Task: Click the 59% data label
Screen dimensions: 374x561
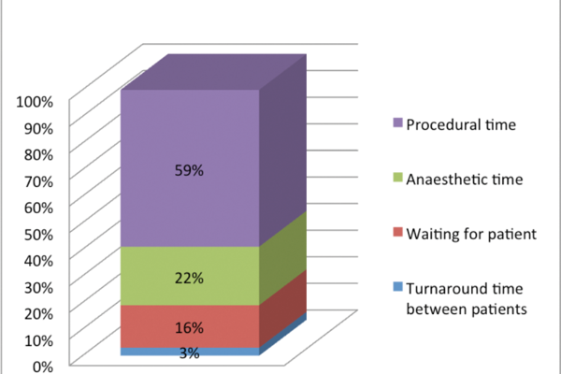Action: click(189, 170)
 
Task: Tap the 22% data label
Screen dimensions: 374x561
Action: click(189, 278)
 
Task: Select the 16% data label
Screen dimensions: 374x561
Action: click(189, 327)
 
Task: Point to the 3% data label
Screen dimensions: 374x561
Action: click(189, 352)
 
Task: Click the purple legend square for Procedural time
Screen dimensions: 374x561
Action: click(397, 123)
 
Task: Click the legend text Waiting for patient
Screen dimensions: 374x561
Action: click(471, 235)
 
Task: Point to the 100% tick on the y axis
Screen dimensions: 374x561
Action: click(36, 101)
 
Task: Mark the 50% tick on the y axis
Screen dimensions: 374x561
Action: click(40, 233)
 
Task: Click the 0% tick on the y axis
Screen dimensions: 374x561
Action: click(44, 366)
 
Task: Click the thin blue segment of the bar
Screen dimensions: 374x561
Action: click(224, 352)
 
